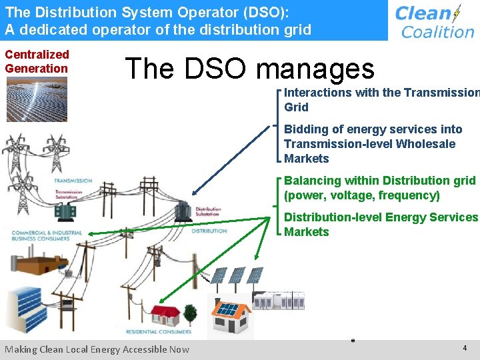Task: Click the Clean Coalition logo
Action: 434,21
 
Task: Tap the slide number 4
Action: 464,349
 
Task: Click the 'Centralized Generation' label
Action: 37,61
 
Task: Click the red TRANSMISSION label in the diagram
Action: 73,181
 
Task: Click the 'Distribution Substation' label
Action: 208,213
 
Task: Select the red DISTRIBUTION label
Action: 209,231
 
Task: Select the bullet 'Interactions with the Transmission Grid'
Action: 380,100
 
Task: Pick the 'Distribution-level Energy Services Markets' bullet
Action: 380,224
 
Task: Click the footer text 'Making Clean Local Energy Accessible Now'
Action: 97,349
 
